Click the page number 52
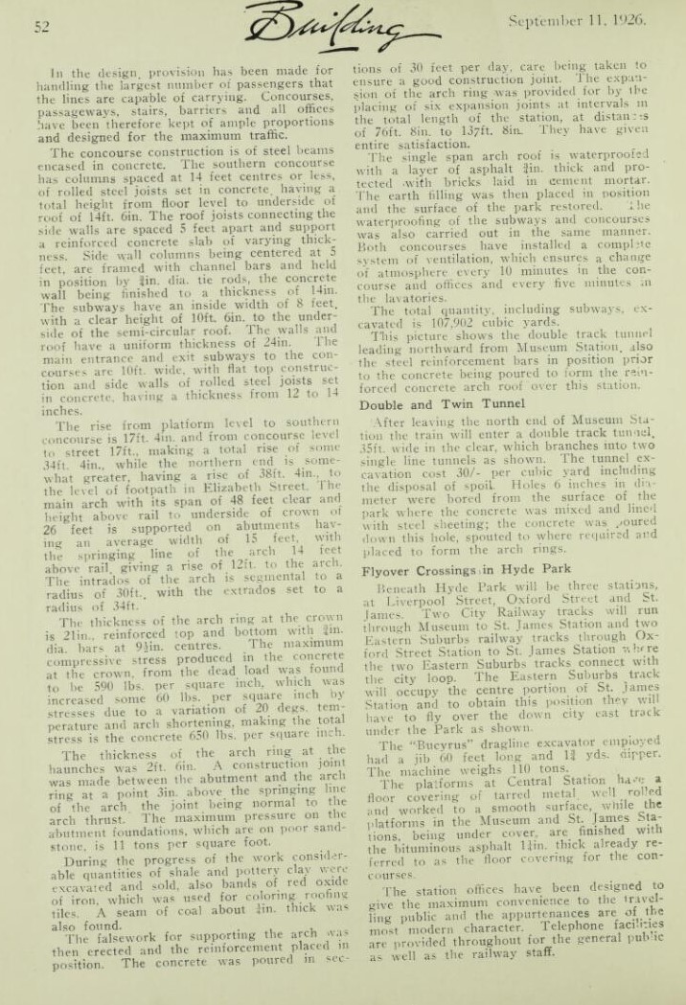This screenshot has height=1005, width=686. point(42,28)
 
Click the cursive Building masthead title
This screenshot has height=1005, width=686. point(323,30)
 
